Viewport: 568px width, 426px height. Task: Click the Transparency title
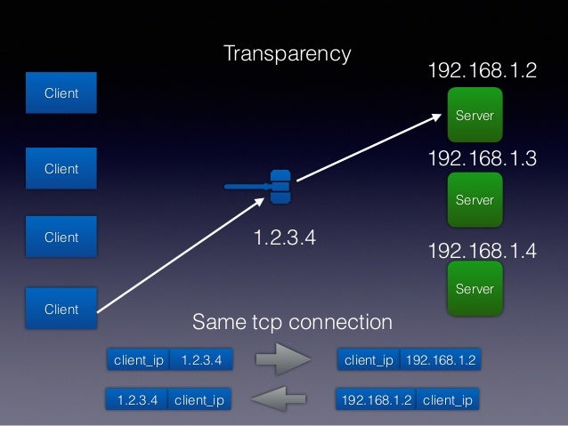(x=287, y=53)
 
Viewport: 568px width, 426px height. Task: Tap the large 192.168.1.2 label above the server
(x=483, y=71)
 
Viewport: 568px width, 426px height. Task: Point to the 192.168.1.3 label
(x=483, y=159)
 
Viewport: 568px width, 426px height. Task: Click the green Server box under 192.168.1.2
(x=475, y=116)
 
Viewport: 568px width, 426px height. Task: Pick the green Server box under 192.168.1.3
(x=475, y=200)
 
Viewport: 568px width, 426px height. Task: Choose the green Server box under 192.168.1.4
(x=475, y=288)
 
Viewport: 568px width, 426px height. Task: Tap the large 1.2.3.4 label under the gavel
(x=285, y=238)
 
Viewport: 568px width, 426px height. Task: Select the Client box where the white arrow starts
(x=61, y=309)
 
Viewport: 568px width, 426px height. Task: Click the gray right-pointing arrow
(x=283, y=360)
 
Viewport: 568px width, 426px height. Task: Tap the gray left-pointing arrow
(x=283, y=399)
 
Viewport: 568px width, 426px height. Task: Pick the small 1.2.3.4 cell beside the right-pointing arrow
(x=201, y=360)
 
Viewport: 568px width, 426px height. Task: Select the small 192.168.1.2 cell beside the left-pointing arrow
(x=376, y=400)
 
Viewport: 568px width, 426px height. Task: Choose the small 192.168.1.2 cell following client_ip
(x=441, y=360)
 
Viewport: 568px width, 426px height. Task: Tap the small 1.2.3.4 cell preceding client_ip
(x=136, y=400)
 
